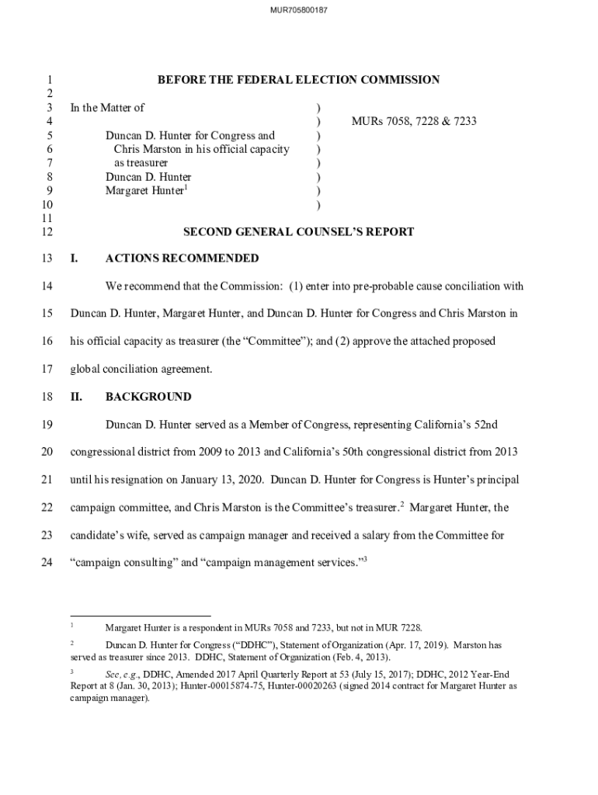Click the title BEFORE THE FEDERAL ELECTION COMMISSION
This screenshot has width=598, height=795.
[298, 80]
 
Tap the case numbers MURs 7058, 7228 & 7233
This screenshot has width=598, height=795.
[414, 122]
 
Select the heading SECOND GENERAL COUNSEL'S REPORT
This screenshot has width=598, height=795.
[298, 232]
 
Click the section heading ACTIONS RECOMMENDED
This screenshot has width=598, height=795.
[182, 259]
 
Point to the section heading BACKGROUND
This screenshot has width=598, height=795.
[148, 397]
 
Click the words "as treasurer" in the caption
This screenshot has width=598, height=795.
[141, 163]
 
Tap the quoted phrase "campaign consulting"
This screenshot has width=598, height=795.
[123, 563]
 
